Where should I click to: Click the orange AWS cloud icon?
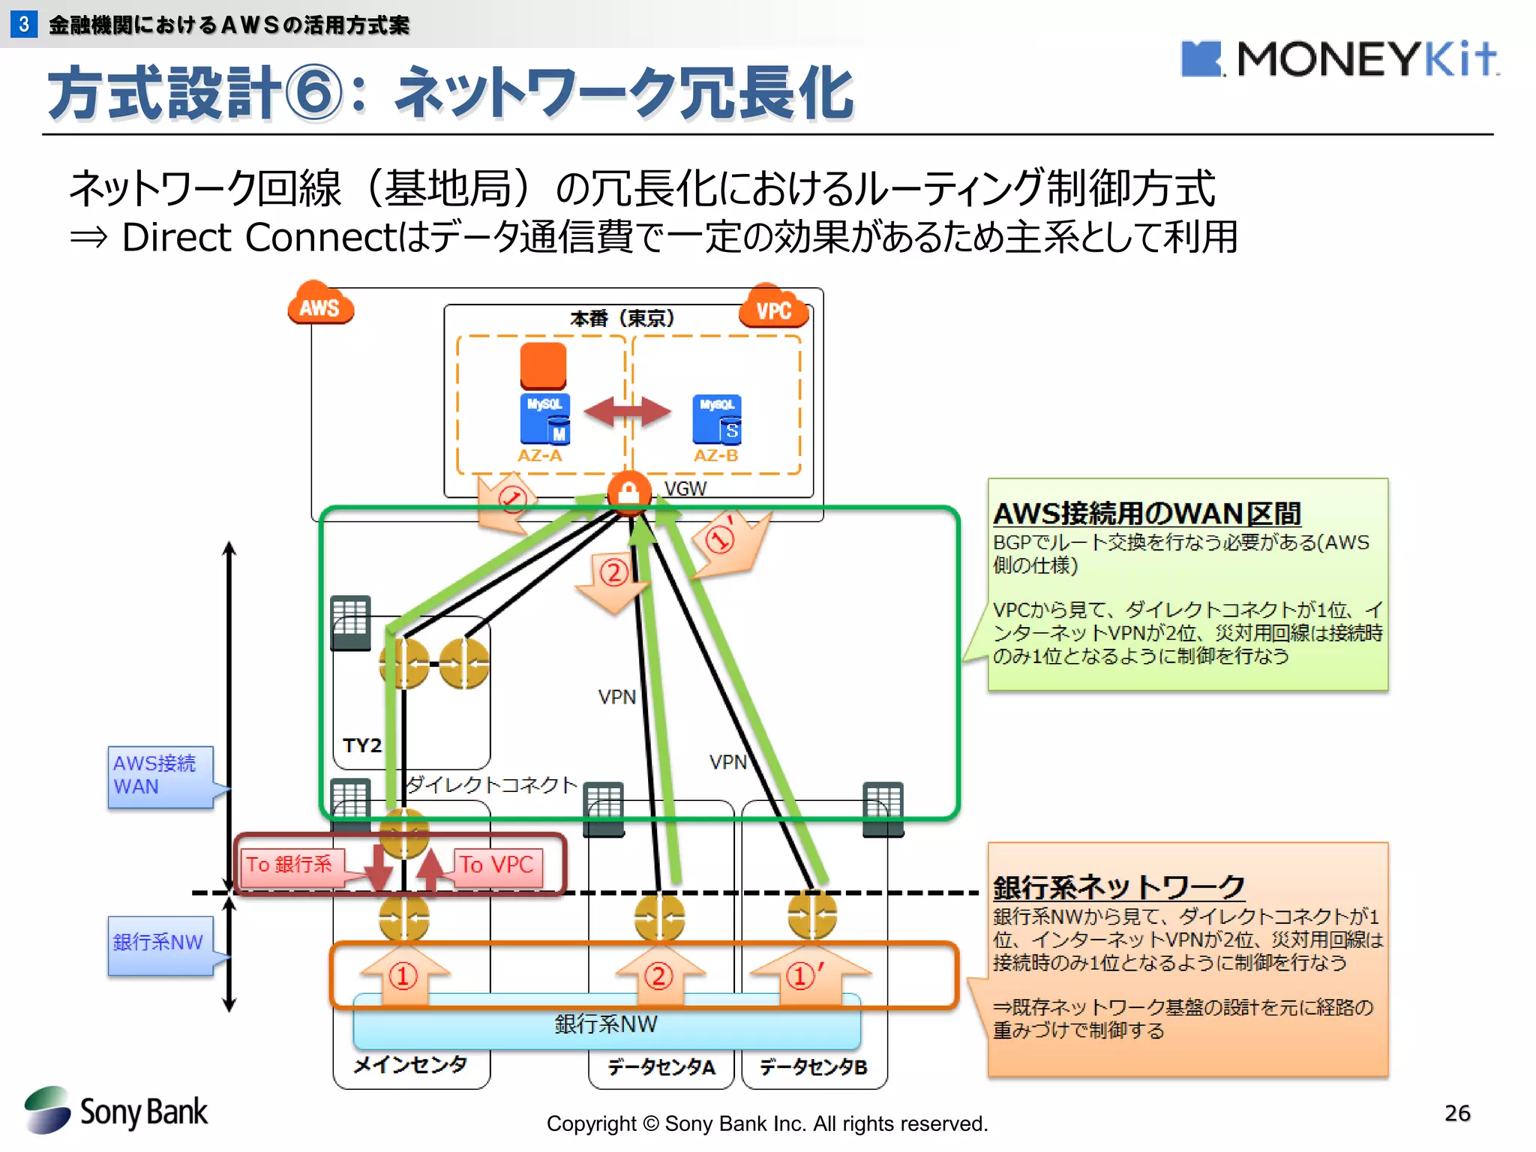click(320, 304)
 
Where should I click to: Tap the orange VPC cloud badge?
click(774, 307)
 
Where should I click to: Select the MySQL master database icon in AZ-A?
click(545, 418)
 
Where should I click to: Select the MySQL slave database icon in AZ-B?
click(717, 419)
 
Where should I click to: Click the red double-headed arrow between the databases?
click(627, 412)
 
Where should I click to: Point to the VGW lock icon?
click(628, 493)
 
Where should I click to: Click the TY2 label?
click(362, 745)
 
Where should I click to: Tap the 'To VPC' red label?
click(496, 865)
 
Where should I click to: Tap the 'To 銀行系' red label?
click(289, 865)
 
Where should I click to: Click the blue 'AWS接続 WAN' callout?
click(159, 776)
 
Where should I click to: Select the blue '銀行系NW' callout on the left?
click(159, 943)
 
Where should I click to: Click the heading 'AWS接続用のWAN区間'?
click(1146, 514)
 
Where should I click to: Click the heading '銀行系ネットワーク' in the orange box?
click(1118, 887)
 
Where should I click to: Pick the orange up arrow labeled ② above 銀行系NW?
click(659, 975)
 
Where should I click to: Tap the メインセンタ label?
click(410, 1065)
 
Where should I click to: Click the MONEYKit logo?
click(1339, 59)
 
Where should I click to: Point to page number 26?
click(1456, 1113)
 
